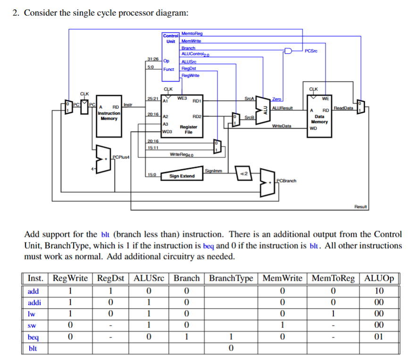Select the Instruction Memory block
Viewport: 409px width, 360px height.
(x=109, y=116)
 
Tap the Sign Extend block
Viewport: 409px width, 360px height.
(x=182, y=174)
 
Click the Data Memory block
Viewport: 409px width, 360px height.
(x=319, y=116)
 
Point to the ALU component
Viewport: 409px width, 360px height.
(x=263, y=110)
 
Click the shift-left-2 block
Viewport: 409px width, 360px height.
(x=244, y=173)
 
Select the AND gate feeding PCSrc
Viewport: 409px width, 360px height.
(x=288, y=50)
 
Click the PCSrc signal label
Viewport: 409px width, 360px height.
(x=311, y=51)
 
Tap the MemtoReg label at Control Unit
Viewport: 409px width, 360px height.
(x=192, y=33)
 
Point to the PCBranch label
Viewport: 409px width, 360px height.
(x=286, y=181)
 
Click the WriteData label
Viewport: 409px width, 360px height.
(x=282, y=126)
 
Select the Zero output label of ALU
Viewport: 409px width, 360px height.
(x=276, y=99)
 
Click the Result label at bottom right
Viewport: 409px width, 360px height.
(x=360, y=207)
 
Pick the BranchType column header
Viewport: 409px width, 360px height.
(x=231, y=278)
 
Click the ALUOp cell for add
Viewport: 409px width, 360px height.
(x=379, y=291)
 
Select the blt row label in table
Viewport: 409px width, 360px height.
(x=33, y=349)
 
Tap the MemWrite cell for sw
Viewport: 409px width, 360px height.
(x=282, y=325)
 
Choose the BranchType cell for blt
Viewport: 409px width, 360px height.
(x=231, y=348)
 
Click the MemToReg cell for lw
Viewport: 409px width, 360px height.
(x=333, y=314)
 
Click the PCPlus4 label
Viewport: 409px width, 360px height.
(x=121, y=157)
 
